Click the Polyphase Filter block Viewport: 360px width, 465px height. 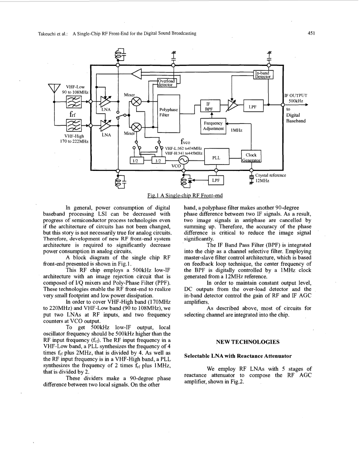pos(169,114)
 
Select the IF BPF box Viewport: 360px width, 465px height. pos(210,106)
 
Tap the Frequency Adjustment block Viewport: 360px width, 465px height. pos(213,126)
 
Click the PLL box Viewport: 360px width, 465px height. pos(217,156)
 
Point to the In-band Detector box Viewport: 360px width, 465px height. pos(263,75)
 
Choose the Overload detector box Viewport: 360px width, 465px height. pos(167,83)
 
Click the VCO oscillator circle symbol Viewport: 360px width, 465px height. pos(184,160)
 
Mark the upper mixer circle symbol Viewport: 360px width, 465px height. pos(136,101)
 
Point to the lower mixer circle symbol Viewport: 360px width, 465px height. pos(136,128)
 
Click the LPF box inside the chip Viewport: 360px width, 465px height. pos(253,106)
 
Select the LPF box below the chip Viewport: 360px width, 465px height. pos(216,180)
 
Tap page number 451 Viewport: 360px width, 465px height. pos(311,33)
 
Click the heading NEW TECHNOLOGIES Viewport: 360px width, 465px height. pos(248,342)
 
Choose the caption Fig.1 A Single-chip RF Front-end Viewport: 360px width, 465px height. pos(185,195)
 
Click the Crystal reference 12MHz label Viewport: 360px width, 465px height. pos(270,178)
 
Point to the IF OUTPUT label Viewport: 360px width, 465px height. pos(296,95)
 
